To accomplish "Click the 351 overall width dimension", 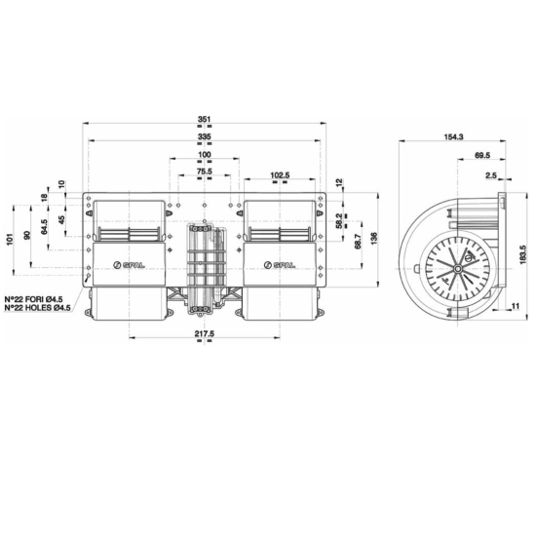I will (204, 119).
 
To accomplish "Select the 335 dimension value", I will (204, 137).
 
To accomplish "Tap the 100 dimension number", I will (204, 156).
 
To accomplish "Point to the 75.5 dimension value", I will (204, 172).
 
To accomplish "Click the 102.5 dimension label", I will (280, 175).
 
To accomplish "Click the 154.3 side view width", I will (454, 136).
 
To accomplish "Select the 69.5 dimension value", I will (482, 156).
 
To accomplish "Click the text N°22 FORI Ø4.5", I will (42, 298).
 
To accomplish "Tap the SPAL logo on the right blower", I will (279, 264).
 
